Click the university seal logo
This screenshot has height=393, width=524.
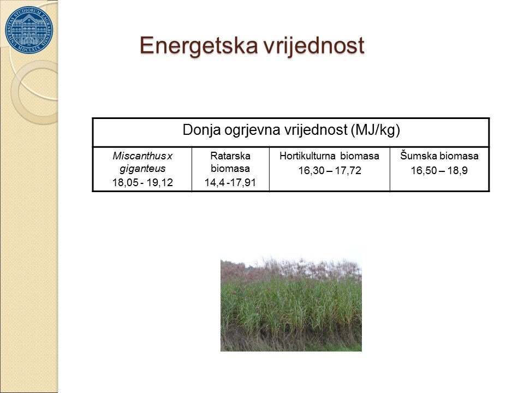point(29,29)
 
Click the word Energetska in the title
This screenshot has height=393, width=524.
point(199,46)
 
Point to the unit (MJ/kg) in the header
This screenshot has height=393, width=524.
point(376,130)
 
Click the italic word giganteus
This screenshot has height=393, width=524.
point(142,169)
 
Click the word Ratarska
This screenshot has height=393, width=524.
point(230,156)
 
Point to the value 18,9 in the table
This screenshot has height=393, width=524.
point(457,170)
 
